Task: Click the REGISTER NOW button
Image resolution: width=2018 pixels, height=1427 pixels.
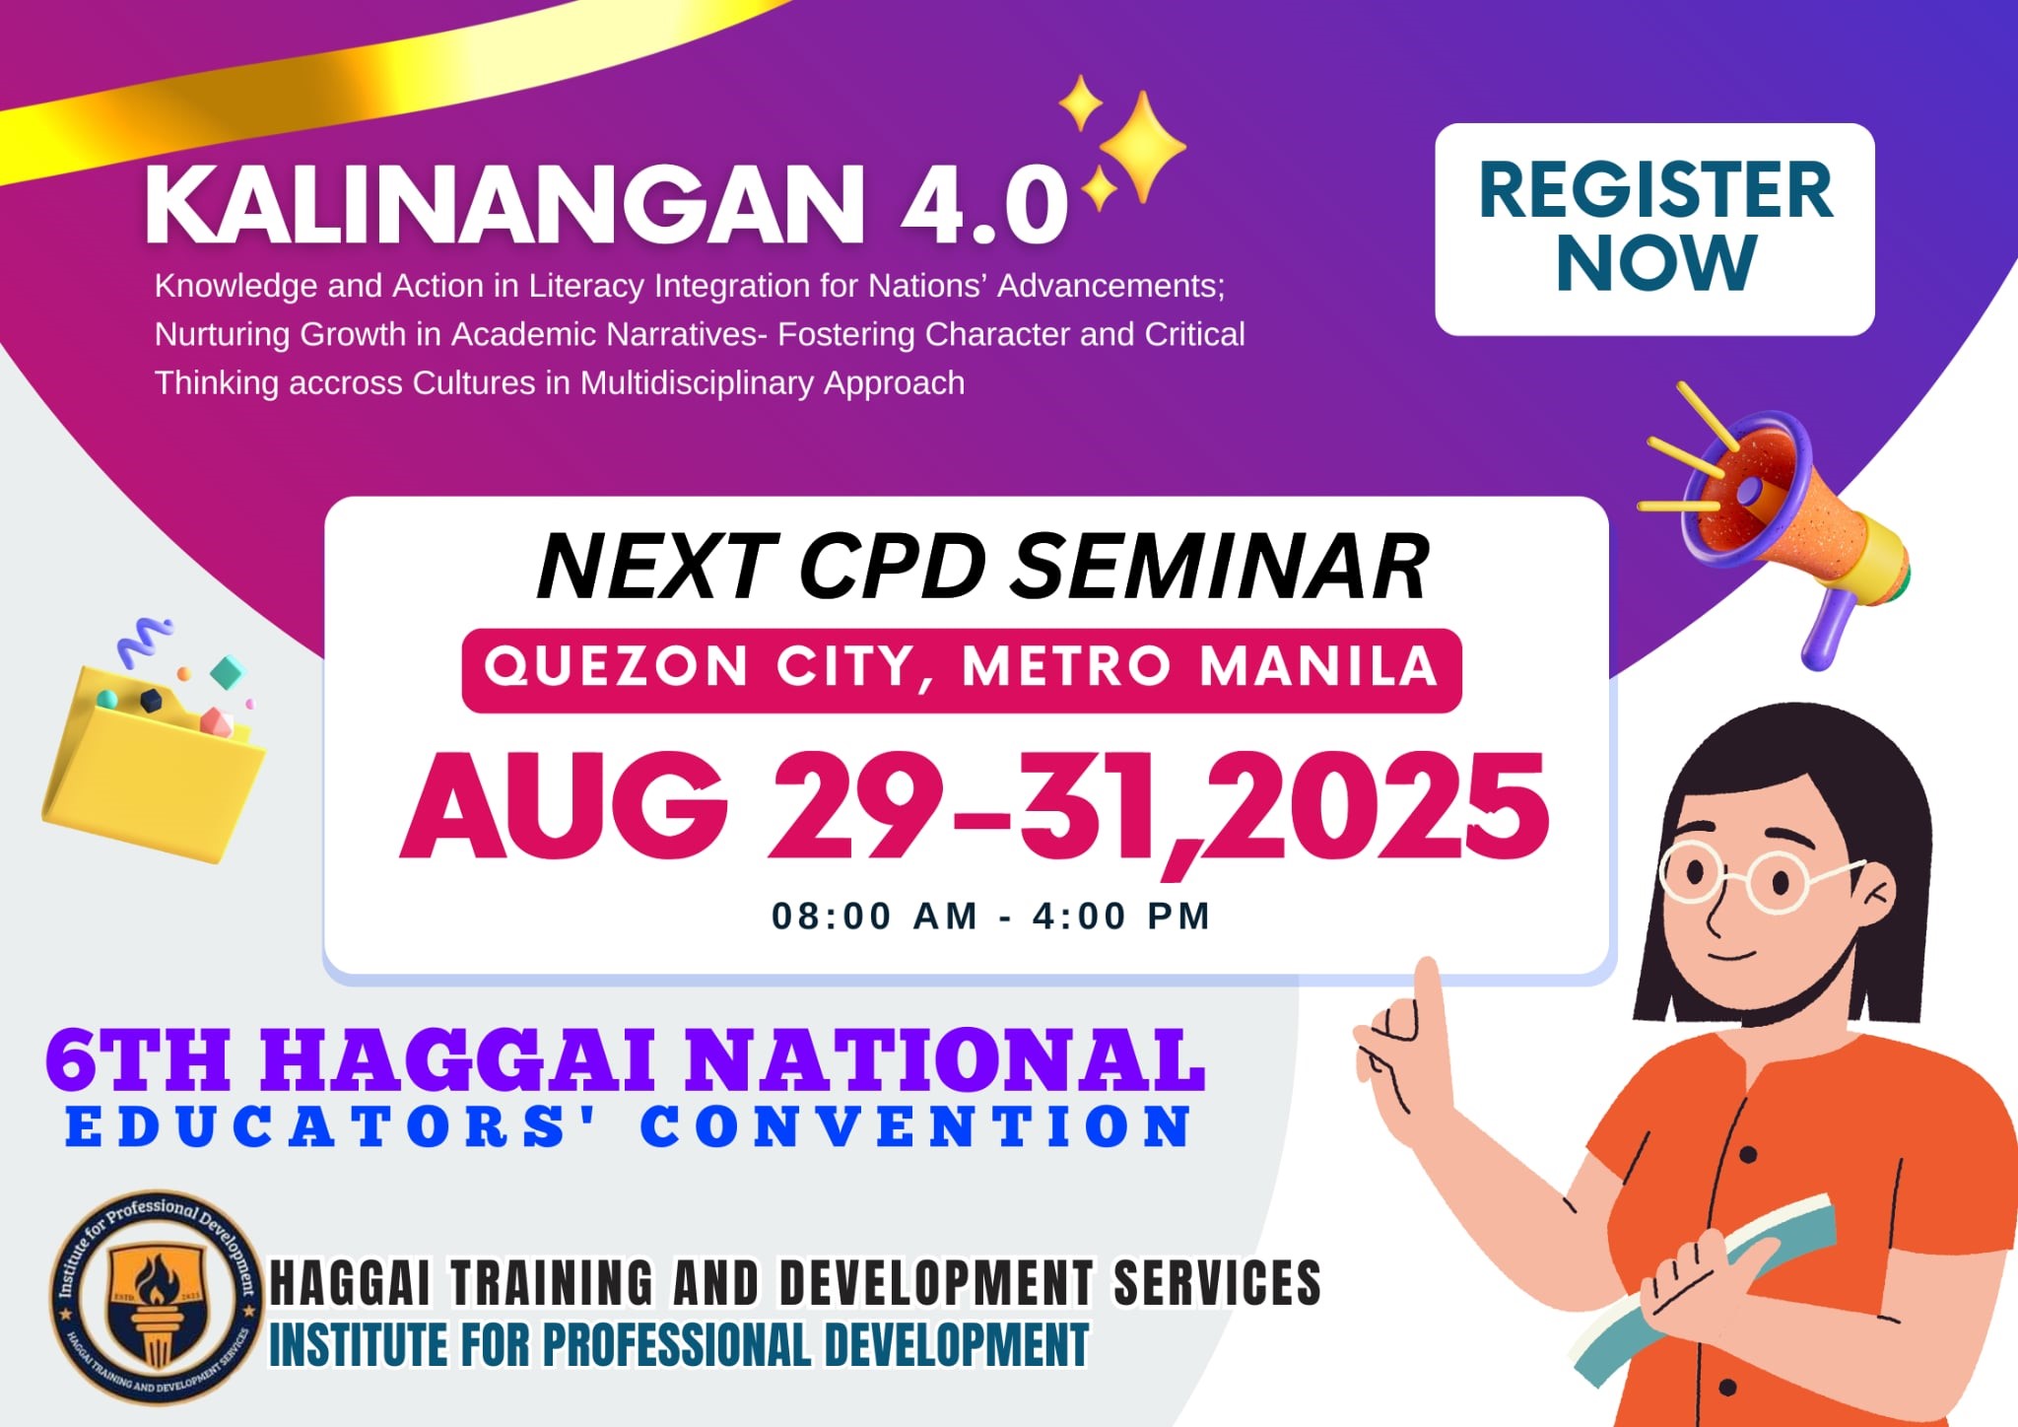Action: click(1654, 229)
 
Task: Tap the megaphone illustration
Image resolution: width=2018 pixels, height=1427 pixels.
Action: click(1774, 522)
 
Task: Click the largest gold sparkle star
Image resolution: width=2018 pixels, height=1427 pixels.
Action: click(1143, 147)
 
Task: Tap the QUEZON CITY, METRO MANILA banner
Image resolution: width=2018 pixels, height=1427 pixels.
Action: click(962, 669)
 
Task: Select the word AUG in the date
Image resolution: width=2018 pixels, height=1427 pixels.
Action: click(565, 806)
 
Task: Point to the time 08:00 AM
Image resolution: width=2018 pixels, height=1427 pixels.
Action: click(875, 917)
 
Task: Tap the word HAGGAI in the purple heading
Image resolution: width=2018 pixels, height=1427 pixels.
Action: click(458, 1060)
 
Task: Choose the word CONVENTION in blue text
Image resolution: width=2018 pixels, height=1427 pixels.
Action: click(916, 1126)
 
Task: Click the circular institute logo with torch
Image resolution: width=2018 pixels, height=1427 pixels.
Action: click(159, 1297)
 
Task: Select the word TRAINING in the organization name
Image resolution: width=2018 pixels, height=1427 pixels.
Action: click(552, 1283)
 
